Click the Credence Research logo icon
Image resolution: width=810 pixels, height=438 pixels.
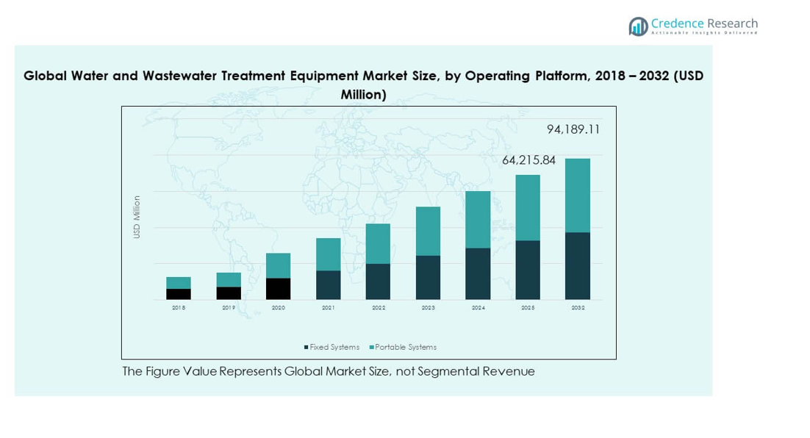tap(638, 26)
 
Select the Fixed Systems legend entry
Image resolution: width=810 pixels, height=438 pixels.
tap(331, 347)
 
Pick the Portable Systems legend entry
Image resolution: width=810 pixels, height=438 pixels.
tap(403, 347)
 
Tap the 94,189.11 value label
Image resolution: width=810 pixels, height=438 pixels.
tap(573, 129)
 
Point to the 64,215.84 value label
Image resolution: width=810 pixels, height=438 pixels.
tap(528, 160)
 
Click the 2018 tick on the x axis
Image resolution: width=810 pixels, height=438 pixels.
tap(179, 308)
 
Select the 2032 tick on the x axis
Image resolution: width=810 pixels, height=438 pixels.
tap(578, 308)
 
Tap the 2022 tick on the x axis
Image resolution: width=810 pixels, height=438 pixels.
tap(379, 308)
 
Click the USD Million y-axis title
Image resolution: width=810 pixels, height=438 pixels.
tap(137, 217)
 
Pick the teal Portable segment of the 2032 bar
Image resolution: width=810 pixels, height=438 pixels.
tap(578, 195)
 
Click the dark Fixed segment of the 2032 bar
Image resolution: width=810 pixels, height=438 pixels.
tap(578, 266)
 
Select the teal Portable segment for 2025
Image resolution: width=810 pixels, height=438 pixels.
tap(528, 208)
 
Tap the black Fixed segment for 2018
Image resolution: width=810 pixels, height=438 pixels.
tap(179, 294)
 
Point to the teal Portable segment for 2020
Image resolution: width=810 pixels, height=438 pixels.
tap(279, 265)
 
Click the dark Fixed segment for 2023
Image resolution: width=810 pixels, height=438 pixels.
tap(429, 277)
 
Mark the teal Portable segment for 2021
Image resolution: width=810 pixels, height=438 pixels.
tap(329, 254)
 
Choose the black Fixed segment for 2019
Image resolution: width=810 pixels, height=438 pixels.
tap(229, 292)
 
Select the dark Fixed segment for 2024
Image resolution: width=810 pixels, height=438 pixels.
tap(479, 273)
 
